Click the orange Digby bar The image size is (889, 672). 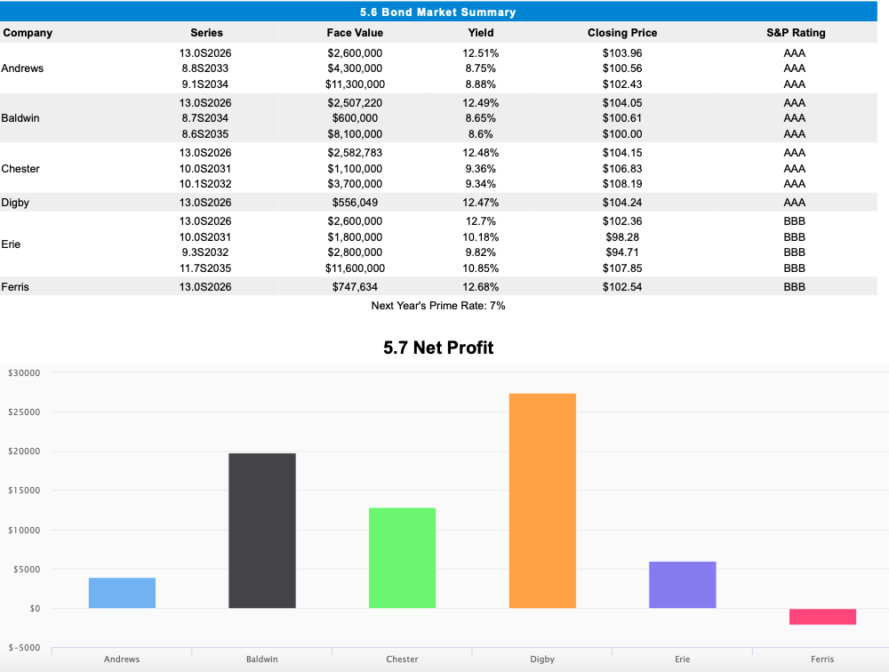tap(542, 500)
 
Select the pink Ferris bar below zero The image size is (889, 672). tap(822, 617)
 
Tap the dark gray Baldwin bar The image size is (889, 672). tap(262, 531)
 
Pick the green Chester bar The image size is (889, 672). tap(402, 558)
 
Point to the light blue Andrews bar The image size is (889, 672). tap(122, 593)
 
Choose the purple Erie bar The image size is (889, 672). tap(682, 585)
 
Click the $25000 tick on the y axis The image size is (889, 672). tap(24, 412)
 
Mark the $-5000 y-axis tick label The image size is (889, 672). tap(24, 648)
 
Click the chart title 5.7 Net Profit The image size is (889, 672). tap(438, 348)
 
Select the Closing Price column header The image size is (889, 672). tap(622, 33)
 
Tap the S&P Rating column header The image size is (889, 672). tap(796, 33)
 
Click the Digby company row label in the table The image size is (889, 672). tap(15, 203)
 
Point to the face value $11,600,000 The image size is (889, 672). tap(355, 268)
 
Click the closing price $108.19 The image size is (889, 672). tap(622, 184)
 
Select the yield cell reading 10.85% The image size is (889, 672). tap(481, 268)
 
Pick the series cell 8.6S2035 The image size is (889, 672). tap(206, 134)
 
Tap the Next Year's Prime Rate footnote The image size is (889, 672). tap(438, 306)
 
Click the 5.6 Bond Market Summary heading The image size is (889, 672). tap(438, 12)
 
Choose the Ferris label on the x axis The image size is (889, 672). tap(822, 660)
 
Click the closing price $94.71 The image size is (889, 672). tap(622, 252)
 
